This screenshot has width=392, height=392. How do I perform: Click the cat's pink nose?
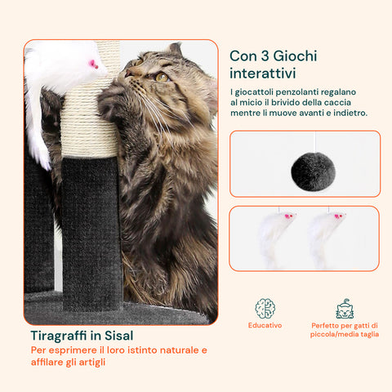[128, 73]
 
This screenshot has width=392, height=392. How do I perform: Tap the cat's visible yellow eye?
[162, 77]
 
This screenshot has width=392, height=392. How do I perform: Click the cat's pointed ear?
[176, 50]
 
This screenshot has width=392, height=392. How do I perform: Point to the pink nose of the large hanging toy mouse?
[94, 65]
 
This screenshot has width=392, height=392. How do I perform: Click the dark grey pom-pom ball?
[313, 171]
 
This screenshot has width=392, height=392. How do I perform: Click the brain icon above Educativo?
[265, 309]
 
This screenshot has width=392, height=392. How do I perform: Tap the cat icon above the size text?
[345, 309]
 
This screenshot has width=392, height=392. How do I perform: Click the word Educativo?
[265, 325]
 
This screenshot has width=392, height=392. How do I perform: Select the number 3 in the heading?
[265, 56]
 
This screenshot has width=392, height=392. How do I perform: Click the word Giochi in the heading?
[295, 56]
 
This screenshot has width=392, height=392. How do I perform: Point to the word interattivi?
[263, 73]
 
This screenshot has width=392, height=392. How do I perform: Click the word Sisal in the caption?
[119, 336]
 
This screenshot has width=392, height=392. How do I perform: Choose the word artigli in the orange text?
[92, 363]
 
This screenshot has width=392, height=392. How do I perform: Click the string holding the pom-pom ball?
[315, 142]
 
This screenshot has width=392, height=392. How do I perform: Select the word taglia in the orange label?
[370, 334]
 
